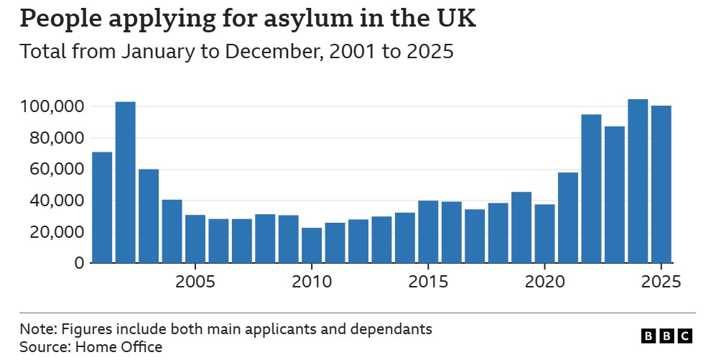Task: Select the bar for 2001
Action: pos(102,208)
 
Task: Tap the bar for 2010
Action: pos(312,245)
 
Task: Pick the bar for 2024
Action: pos(638,181)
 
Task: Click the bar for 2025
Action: pos(661,185)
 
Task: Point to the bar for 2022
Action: pos(591,189)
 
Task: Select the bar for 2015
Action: pos(428,232)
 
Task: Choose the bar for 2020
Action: pos(544,234)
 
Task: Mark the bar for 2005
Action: pos(195,239)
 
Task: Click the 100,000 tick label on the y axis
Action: pos(51,107)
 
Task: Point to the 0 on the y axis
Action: pos(78,264)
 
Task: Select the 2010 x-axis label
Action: pos(312,280)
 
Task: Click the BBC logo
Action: pos(666,336)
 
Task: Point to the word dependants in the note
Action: pos(395,330)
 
